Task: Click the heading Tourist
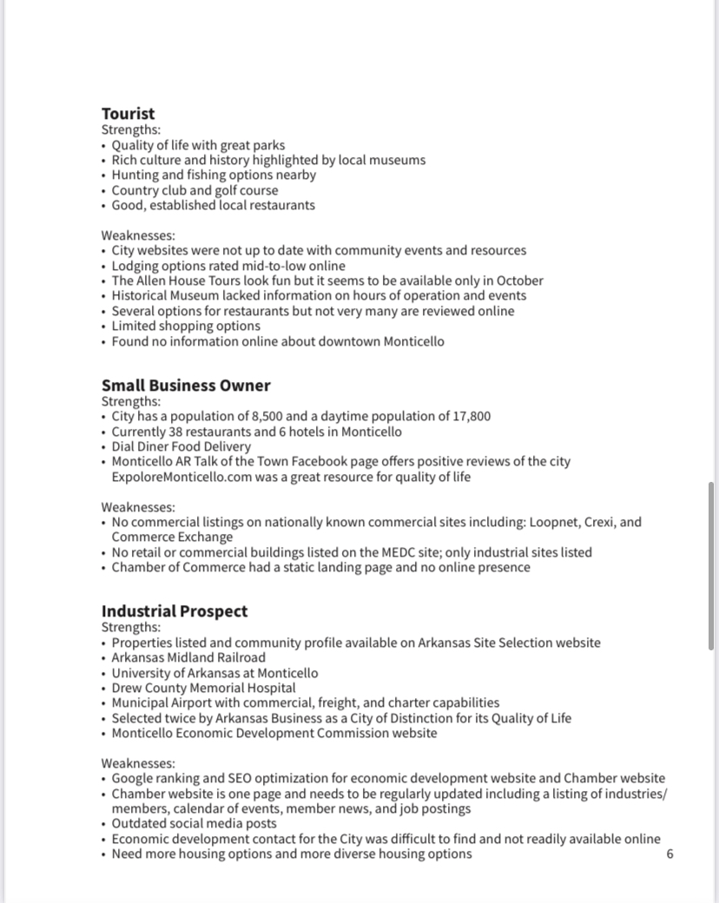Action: [x=128, y=114]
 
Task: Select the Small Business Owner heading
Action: [x=186, y=386]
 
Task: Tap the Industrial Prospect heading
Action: [x=174, y=611]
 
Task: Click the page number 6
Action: [x=670, y=854]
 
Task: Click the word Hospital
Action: [x=265, y=688]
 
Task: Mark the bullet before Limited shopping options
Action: [x=104, y=326]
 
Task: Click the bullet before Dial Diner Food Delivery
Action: [x=104, y=447]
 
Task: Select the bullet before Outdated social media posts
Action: [x=104, y=824]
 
